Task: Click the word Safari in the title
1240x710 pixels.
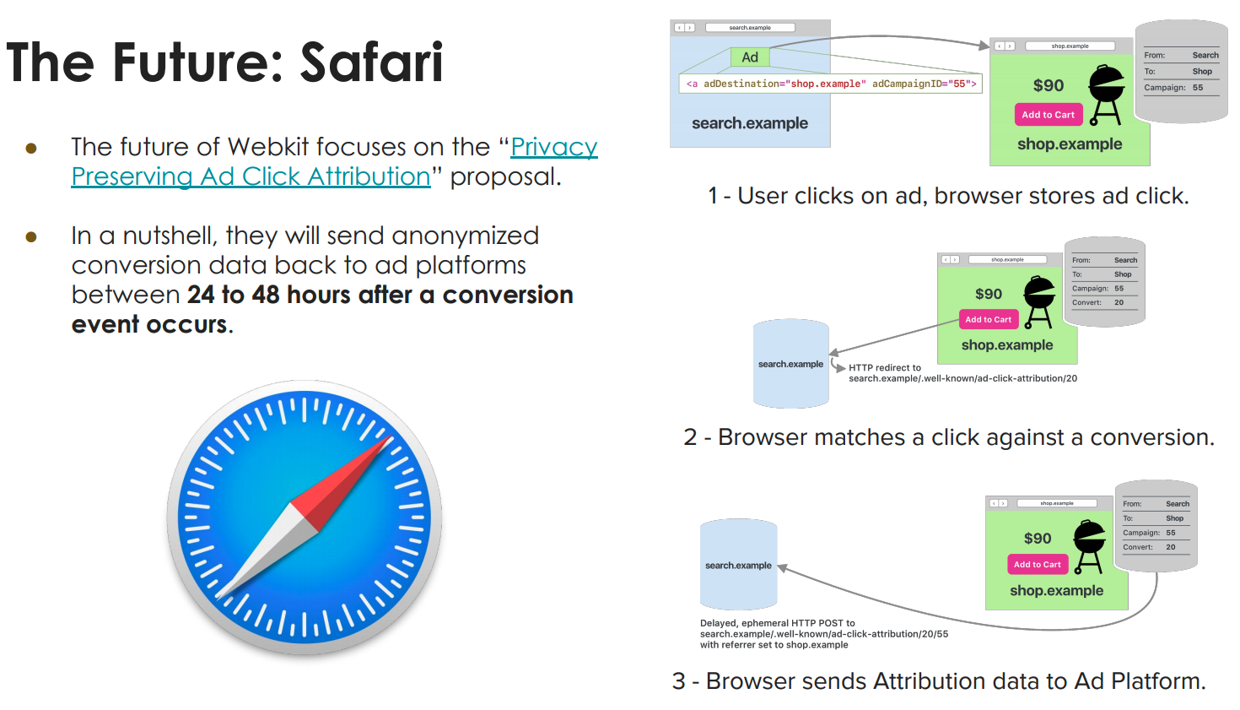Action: [x=372, y=62]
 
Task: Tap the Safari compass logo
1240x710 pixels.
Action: [x=305, y=517]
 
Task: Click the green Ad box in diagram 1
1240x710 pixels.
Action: [x=750, y=57]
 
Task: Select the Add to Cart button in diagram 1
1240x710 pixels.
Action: [x=1048, y=115]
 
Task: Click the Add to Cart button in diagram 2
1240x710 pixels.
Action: [x=988, y=319]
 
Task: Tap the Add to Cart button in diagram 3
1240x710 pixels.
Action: [x=1037, y=564]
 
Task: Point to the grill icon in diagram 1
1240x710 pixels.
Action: [x=1106, y=94]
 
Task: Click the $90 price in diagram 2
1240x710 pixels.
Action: [x=989, y=294]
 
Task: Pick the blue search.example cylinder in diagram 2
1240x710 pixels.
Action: [x=790, y=364]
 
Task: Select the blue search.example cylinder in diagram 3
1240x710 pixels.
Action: [x=738, y=565]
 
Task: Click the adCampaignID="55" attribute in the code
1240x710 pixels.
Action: [x=924, y=84]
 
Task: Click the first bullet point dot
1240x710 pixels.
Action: [x=31, y=149]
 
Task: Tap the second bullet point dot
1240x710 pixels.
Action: [x=31, y=237]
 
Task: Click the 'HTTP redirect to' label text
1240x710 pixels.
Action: [x=884, y=367]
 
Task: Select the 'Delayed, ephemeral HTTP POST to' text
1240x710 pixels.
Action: [x=777, y=623]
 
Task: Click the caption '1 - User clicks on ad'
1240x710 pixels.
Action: [x=948, y=196]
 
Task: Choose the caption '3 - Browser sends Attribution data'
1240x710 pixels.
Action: [x=938, y=681]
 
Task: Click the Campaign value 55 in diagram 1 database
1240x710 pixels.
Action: [x=1198, y=88]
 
